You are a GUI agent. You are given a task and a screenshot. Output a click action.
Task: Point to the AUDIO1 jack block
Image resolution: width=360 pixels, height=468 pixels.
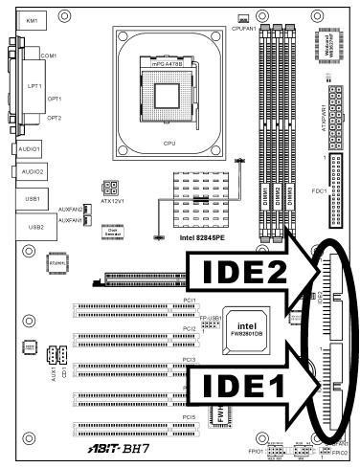(30, 150)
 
